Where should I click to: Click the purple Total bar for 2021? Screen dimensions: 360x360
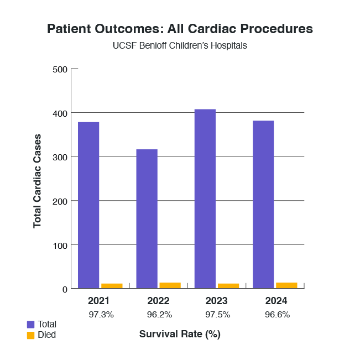(88, 205)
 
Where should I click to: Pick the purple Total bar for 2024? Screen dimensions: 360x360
(263, 205)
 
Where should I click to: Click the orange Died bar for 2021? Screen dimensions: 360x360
(112, 286)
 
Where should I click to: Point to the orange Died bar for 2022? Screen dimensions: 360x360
(170, 285)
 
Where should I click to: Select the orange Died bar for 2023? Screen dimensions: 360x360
(228, 286)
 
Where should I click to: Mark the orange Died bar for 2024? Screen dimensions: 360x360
(286, 285)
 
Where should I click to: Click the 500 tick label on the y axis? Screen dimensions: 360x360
(60, 69)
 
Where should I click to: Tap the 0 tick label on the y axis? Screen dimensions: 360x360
(65, 289)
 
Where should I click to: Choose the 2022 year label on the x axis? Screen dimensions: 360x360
(158, 301)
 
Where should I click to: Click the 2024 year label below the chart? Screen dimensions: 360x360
(275, 301)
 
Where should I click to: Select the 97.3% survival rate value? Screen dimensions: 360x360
(101, 315)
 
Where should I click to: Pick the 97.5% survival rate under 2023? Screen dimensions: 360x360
(217, 315)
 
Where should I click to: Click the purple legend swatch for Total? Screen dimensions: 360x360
(30, 324)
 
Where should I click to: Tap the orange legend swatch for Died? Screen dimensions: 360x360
(30, 335)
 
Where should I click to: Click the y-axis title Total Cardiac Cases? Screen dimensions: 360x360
(38, 180)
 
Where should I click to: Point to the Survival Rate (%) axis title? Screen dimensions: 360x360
(180, 334)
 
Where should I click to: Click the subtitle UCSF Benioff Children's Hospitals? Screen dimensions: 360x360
(180, 45)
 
